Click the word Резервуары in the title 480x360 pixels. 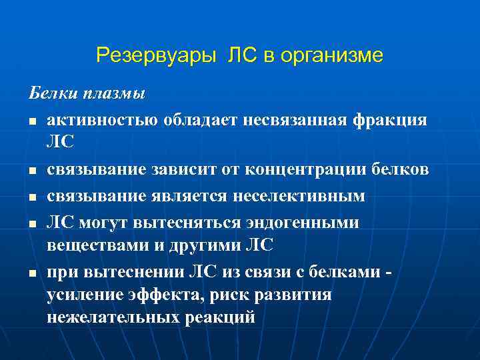pyautogui.click(x=153, y=55)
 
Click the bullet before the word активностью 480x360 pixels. pyautogui.click(x=31, y=121)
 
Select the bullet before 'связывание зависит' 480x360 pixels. pyautogui.click(x=31, y=171)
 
